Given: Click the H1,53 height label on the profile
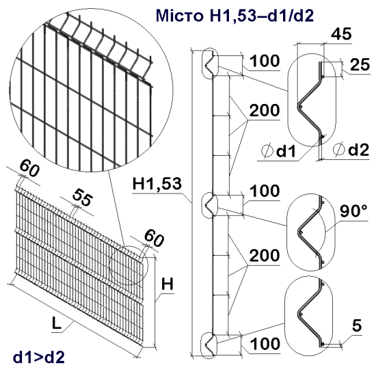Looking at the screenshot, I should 157,184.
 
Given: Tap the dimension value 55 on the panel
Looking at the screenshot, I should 83,199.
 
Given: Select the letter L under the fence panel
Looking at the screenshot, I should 58,325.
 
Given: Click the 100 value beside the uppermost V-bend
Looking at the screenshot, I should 264,62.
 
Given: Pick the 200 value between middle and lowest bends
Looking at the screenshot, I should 264,256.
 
